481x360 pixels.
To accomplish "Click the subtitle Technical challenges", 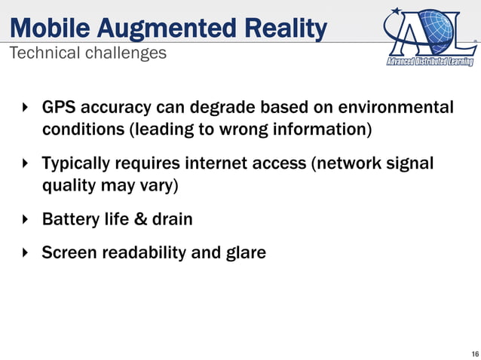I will [87, 54].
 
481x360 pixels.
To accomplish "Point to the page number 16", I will [473, 353].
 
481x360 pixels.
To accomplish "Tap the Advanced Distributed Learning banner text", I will [429, 61].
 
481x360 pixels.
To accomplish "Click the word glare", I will [246, 252].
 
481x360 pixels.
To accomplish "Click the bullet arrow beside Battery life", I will [25, 219].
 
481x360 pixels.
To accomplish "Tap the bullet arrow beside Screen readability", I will [25, 252].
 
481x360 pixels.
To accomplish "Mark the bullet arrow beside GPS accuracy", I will [25, 108].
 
